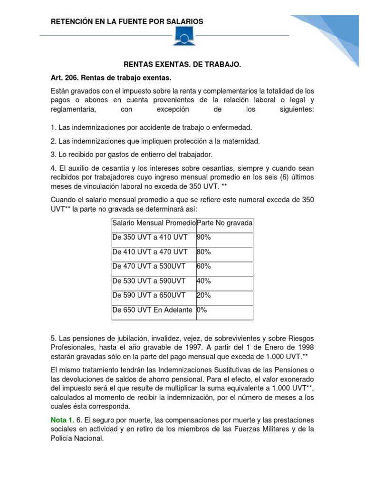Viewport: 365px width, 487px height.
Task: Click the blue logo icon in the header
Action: pos(183,36)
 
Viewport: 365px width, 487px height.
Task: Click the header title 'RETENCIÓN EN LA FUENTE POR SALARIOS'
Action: pos(127,21)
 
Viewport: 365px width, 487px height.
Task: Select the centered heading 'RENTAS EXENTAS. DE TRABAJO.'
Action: pos(182,64)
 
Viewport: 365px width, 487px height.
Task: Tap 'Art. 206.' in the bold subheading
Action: pos(64,77)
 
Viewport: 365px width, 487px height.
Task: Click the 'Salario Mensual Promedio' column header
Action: pos(154,223)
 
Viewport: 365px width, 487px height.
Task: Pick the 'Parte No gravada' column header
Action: pos(224,223)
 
